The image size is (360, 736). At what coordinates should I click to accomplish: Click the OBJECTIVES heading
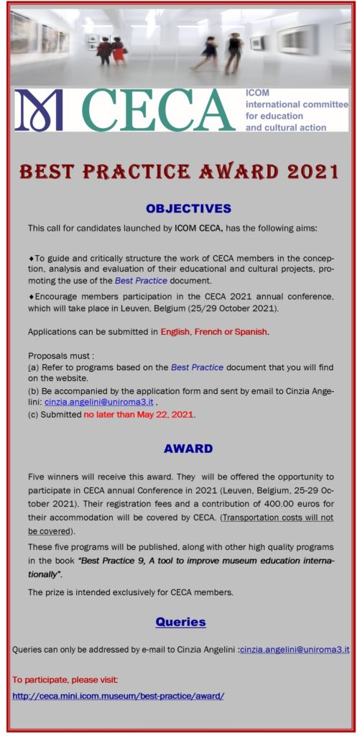click(188, 208)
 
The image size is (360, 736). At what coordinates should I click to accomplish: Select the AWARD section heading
click(188, 448)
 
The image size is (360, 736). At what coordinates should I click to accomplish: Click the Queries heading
click(180, 622)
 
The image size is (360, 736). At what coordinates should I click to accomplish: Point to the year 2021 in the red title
click(304, 172)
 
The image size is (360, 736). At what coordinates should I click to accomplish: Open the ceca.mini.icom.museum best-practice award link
click(119, 696)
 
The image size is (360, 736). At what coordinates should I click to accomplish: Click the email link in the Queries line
click(295, 650)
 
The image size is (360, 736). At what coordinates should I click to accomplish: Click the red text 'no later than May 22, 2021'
click(139, 415)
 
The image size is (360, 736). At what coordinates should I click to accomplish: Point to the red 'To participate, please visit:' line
click(65, 679)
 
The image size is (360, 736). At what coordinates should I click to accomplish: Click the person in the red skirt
click(117, 51)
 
